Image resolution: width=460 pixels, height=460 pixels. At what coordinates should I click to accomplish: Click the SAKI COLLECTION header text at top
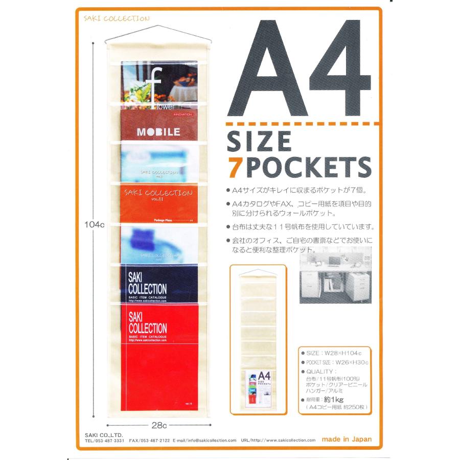click(x=116, y=19)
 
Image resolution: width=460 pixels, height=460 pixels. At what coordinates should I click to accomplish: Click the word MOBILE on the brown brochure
click(x=158, y=132)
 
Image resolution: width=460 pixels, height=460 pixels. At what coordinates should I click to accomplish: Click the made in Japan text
click(x=347, y=439)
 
